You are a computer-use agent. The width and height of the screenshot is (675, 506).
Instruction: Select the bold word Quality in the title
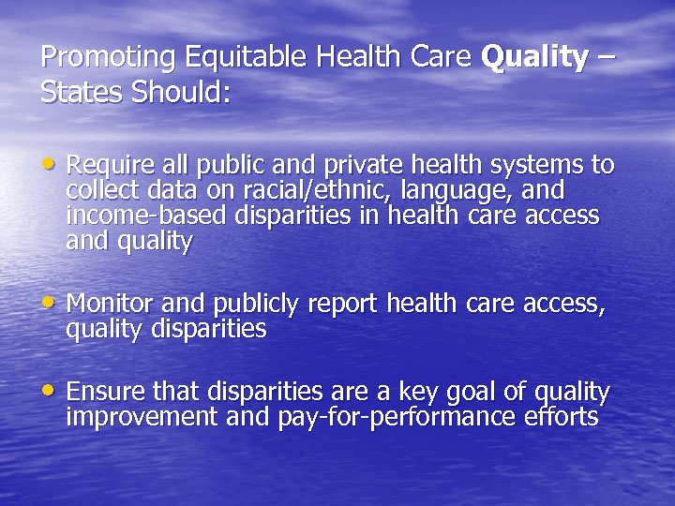coord(534,58)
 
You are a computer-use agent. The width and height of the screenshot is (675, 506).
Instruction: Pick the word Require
coord(109,167)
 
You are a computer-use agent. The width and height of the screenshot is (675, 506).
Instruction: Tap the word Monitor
coord(110,305)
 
